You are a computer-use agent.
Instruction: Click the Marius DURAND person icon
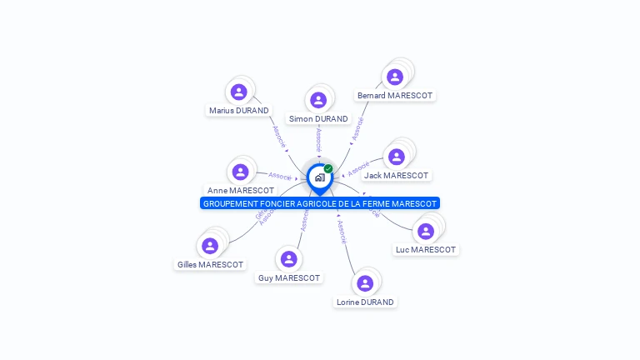click(x=239, y=92)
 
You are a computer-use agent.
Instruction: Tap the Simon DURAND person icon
click(x=318, y=100)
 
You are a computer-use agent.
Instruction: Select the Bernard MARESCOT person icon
click(x=395, y=77)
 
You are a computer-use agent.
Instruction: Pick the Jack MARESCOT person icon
click(x=397, y=157)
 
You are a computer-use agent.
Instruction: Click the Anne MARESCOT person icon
click(x=241, y=172)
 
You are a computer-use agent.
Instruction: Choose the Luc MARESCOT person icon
click(x=426, y=231)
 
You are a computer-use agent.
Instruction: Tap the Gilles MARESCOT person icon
click(x=210, y=246)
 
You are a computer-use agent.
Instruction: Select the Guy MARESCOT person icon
click(x=289, y=259)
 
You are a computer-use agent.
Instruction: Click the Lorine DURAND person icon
click(x=365, y=283)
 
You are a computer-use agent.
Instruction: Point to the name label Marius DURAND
click(x=239, y=110)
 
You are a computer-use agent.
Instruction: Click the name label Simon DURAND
click(x=318, y=118)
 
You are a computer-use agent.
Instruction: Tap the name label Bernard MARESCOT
click(x=395, y=95)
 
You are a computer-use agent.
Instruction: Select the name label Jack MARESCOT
click(x=397, y=175)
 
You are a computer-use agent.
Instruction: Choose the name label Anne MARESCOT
click(x=241, y=190)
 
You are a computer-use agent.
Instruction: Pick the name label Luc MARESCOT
click(x=426, y=249)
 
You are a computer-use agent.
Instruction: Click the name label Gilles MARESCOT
click(x=210, y=264)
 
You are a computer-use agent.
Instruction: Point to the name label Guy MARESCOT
click(x=289, y=277)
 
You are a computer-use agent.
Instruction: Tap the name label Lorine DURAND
click(x=365, y=302)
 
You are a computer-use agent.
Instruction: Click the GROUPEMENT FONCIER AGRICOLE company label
click(x=319, y=203)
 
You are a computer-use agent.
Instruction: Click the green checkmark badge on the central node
click(x=328, y=168)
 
